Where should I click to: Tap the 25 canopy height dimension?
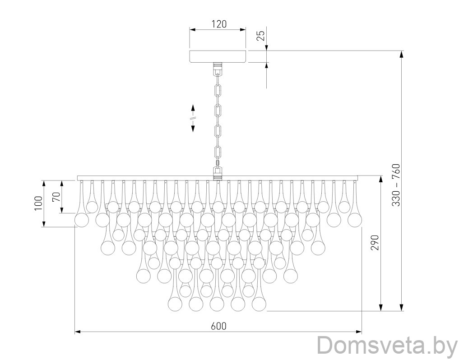tap(261, 36)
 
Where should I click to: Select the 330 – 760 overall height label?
tap(396, 185)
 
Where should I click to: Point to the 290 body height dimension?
tap(375, 243)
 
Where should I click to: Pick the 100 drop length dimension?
tap(38, 203)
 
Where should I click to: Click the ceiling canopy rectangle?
tap(218, 56)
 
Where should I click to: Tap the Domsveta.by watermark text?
tap(387, 346)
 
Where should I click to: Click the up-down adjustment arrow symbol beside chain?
tap(193, 118)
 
